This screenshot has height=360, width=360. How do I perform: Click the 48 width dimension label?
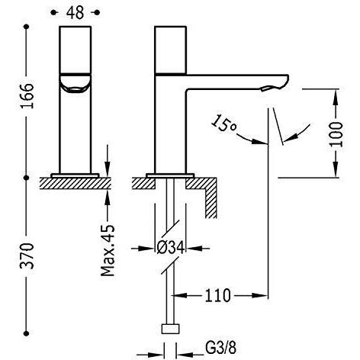coord(75,13)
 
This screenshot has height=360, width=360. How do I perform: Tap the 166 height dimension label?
coord(27,96)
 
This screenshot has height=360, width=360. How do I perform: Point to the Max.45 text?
coord(108,250)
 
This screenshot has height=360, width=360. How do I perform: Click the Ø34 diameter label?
coord(170,248)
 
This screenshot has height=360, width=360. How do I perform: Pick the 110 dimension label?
coord(217,295)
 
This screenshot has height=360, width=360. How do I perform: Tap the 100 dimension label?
coord(336,134)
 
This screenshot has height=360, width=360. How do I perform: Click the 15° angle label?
coord(223,124)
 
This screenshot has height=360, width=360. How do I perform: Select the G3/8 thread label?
coord(220,348)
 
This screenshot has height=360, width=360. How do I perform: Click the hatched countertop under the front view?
coord(76,183)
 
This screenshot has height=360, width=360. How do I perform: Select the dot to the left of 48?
coord(53,12)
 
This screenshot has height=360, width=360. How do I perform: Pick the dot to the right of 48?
coord(97,12)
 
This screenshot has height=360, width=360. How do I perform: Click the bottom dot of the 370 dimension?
coord(26,333)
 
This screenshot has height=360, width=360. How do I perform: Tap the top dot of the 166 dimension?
coord(26,27)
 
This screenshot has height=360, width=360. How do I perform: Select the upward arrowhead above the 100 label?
coord(336,97)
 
